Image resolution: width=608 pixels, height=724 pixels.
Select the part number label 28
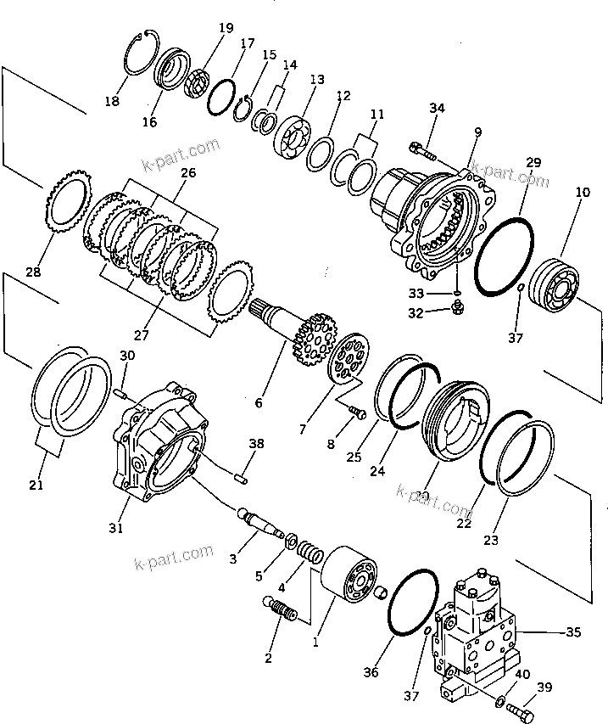33,272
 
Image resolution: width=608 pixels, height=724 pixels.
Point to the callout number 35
574,631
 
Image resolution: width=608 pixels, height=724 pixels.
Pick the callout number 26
187,172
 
